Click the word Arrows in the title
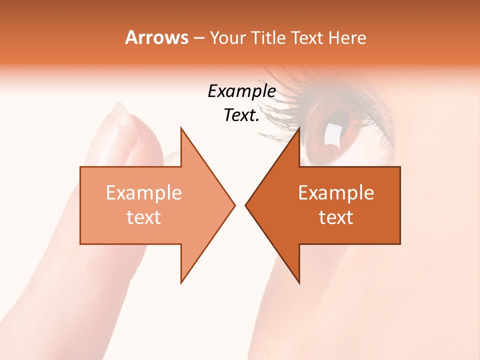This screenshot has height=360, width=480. click(156, 37)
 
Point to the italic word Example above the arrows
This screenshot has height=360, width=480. click(242, 91)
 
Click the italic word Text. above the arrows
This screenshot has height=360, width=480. click(242, 115)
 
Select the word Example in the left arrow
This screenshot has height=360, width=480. click(144, 193)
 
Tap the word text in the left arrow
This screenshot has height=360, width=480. click(144, 217)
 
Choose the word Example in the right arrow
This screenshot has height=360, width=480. click(336, 193)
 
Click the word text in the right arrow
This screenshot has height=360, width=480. click(336, 217)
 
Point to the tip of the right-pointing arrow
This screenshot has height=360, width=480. click(234, 205)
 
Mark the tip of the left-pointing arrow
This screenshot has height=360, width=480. click(245, 205)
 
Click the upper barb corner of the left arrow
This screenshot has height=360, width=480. click(181, 128)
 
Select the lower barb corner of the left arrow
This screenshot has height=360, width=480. click(181, 282)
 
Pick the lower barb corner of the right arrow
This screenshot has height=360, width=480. click(299, 282)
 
